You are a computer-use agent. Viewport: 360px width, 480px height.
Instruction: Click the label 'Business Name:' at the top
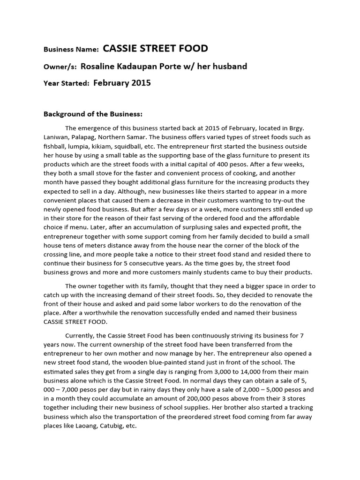pos(71,49)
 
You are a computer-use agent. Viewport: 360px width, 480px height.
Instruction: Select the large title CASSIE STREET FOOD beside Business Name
pos(155,48)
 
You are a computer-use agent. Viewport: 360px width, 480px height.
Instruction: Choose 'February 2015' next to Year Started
pos(122,83)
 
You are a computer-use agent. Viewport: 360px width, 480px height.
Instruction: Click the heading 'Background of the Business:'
pos(92,114)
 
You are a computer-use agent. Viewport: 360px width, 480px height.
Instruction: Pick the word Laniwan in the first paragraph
pos(57,137)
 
